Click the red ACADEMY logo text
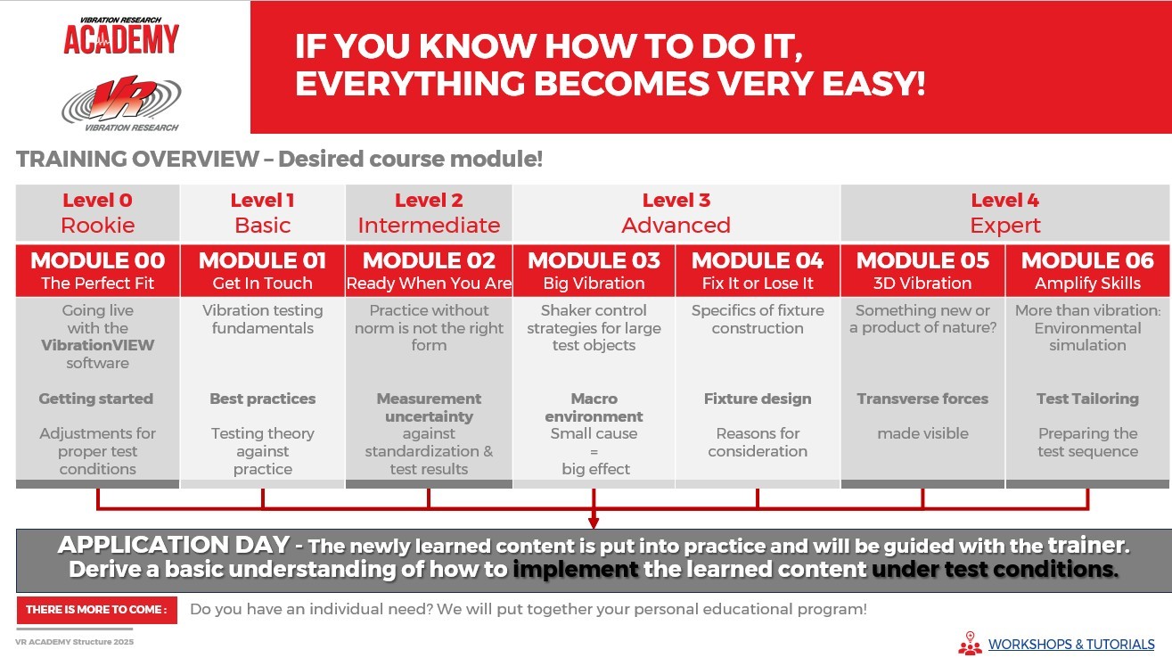tap(121, 40)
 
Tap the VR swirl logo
tap(121, 100)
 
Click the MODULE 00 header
tap(98, 260)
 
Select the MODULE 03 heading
tap(594, 260)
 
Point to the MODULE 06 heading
tap(1087, 260)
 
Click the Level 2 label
tap(429, 200)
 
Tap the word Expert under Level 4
tap(1005, 226)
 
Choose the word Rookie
tap(98, 226)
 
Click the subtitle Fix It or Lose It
tap(758, 284)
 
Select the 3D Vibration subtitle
tap(922, 284)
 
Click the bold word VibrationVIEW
tap(98, 345)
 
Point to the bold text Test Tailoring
tap(1087, 399)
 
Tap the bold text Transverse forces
tap(922, 399)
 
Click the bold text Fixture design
tap(758, 399)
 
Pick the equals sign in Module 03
tap(594, 452)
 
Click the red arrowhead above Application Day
tap(594, 523)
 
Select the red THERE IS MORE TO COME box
tap(97, 610)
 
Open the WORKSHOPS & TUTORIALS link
tap(1071, 645)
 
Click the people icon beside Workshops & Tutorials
tap(970, 644)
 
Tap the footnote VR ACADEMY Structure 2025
tap(74, 642)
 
